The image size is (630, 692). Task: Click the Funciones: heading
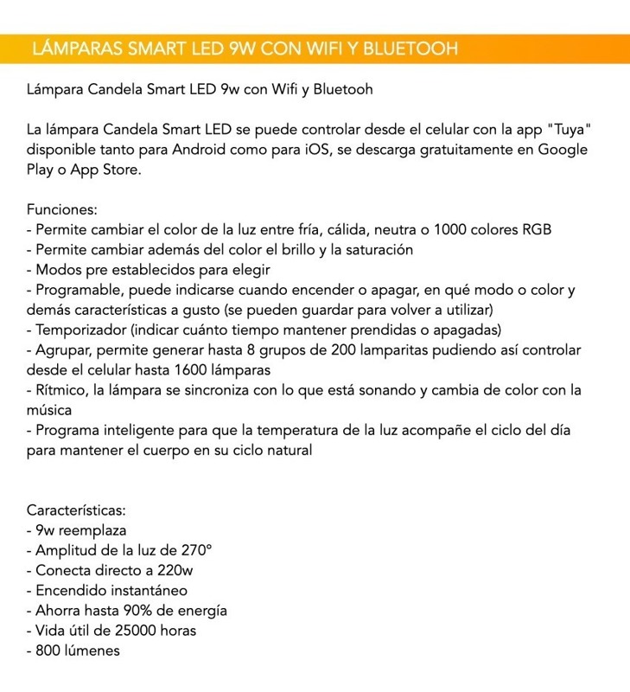click(62, 209)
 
